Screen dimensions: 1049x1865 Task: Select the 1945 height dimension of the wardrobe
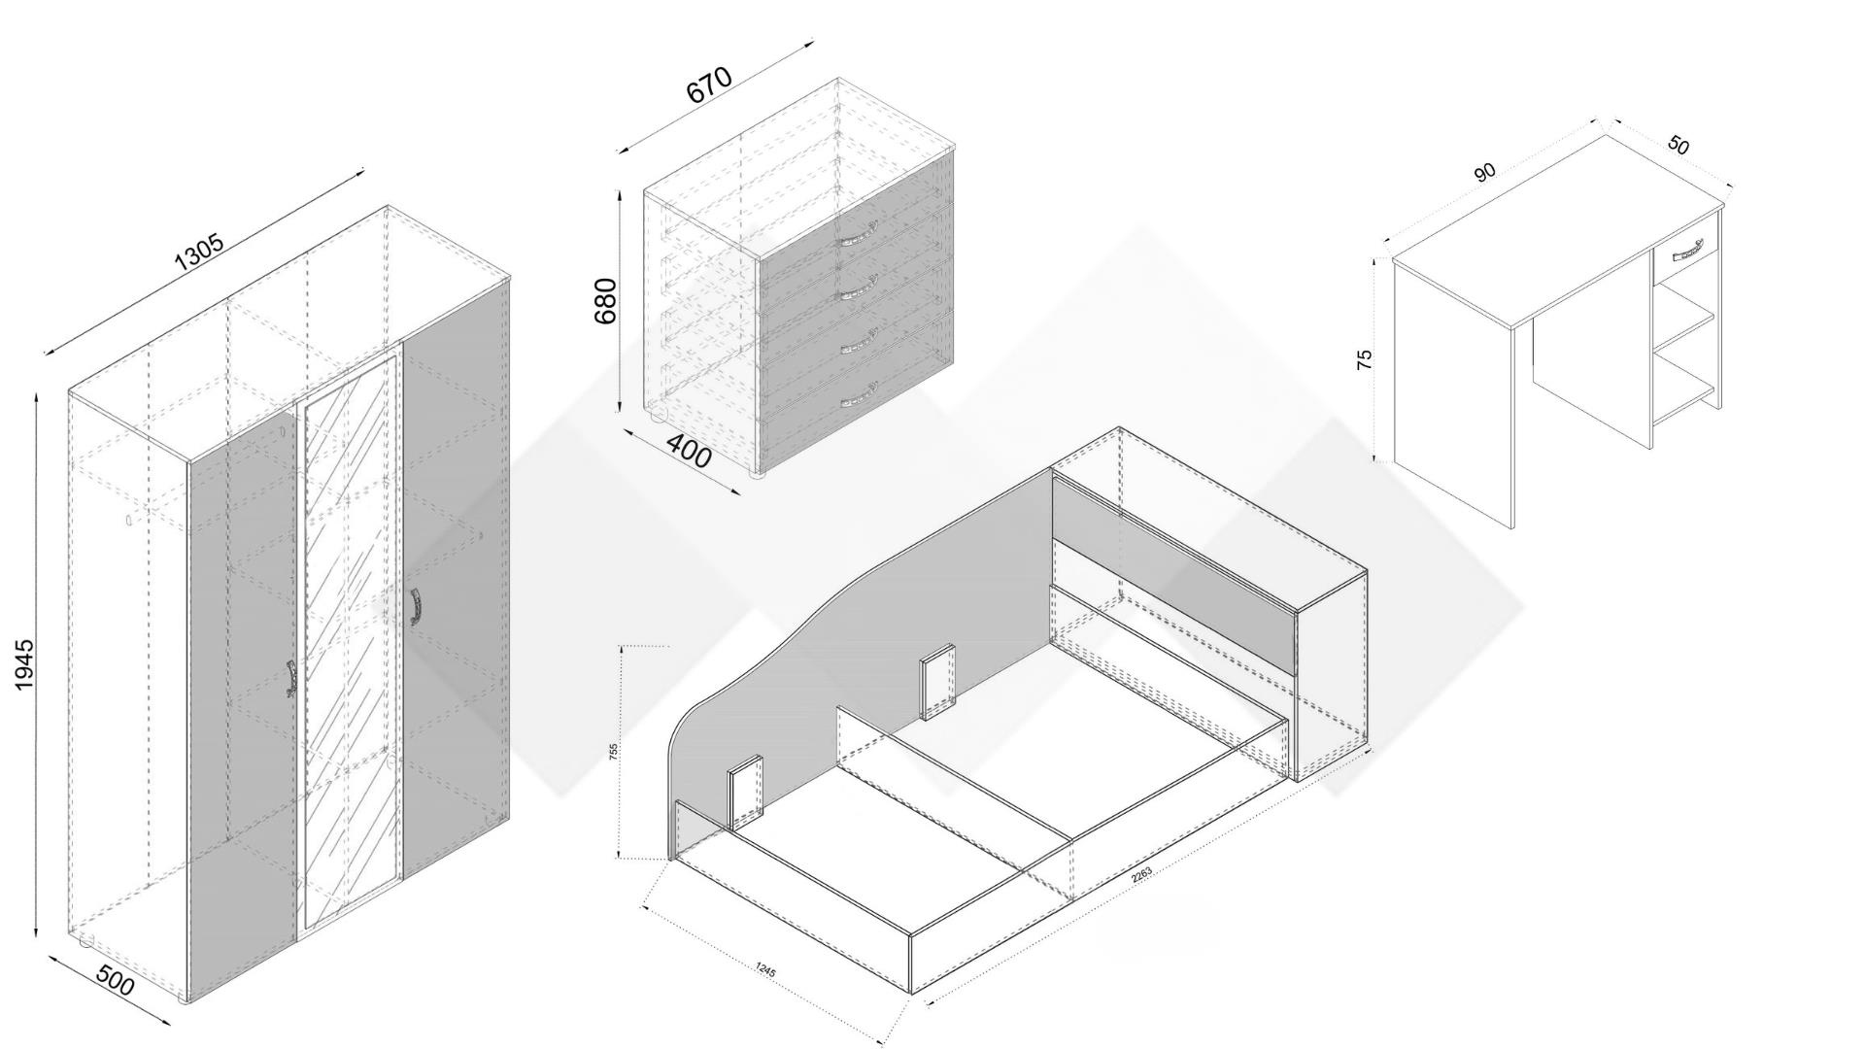pos(25,664)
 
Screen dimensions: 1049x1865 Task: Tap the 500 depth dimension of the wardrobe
pos(115,984)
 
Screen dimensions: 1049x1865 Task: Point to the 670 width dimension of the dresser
pos(709,85)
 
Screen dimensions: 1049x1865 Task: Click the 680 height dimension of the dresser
pos(606,301)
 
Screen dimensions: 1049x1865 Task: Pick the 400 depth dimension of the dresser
pos(690,454)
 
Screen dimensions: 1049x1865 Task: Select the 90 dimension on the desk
pos(1484,173)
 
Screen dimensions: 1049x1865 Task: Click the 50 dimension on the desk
pos(1678,146)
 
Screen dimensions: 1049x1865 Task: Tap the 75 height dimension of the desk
pos(1365,357)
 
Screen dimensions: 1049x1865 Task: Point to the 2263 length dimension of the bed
pos(1141,873)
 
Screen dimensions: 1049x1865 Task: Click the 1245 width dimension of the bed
pos(765,968)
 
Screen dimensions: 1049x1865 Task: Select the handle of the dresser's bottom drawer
pos(859,393)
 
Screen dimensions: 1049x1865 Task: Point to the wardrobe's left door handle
pos(290,678)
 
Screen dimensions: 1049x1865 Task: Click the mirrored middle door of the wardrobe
pos(350,641)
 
